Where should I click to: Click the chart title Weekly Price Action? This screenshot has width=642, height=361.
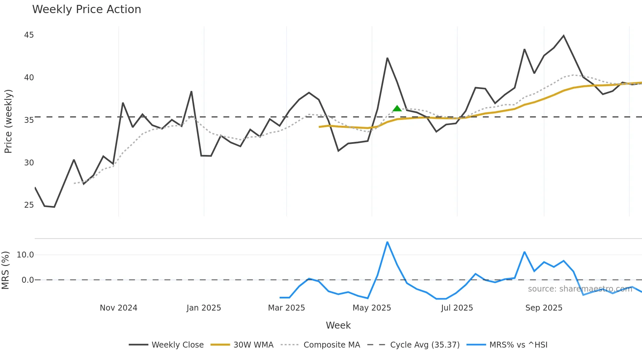[x=86, y=9]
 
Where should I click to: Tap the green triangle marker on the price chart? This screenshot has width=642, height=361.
[x=397, y=108]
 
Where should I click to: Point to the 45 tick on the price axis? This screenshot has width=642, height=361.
[x=29, y=35]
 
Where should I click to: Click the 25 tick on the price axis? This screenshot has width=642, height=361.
[x=29, y=205]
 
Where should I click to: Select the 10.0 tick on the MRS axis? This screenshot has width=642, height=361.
[x=25, y=255]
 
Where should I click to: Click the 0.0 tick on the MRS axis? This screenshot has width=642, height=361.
[x=28, y=280]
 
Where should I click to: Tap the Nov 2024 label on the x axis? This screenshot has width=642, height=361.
[x=119, y=308]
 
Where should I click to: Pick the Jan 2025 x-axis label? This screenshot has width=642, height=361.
[x=204, y=308]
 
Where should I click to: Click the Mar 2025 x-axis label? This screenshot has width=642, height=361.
[x=286, y=308]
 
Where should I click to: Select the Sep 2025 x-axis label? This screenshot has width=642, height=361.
[x=544, y=308]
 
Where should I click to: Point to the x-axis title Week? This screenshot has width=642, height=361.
[x=338, y=325]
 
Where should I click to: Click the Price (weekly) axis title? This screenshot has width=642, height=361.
[x=8, y=121]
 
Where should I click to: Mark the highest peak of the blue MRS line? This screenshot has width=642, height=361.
[x=387, y=242]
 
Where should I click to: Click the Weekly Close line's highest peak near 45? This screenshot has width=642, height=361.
[x=563, y=35]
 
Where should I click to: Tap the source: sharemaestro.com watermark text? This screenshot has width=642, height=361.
[x=580, y=289]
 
